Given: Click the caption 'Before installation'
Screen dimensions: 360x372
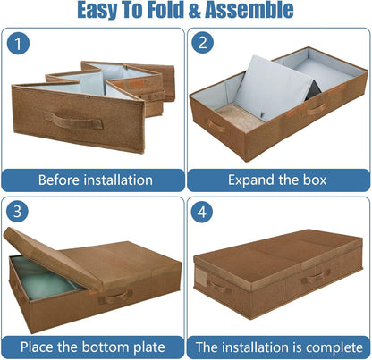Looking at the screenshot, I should [x=95, y=179].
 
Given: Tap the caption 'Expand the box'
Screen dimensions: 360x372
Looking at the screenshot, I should [x=278, y=179].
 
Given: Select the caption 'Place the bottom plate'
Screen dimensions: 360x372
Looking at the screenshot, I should [x=95, y=346].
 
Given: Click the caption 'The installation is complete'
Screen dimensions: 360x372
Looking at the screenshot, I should [x=278, y=346].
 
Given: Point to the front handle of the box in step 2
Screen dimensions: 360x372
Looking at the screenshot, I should [x=315, y=110].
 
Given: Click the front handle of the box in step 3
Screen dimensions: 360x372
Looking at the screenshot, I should [x=114, y=296].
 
